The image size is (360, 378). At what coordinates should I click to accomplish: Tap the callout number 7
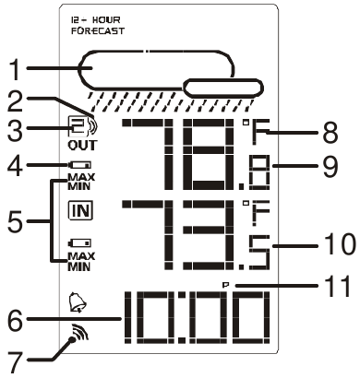click(x=15, y=361)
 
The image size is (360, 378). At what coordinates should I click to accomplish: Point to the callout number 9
click(x=330, y=167)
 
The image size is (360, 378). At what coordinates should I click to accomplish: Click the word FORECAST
click(x=98, y=30)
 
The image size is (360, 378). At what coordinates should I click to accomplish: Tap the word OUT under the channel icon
click(x=82, y=145)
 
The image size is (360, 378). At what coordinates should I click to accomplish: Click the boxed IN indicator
click(x=80, y=210)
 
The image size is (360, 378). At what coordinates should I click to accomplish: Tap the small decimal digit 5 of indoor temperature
click(x=259, y=253)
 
